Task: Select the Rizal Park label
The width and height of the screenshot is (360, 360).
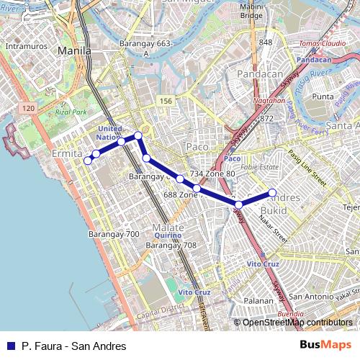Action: [x=71, y=112]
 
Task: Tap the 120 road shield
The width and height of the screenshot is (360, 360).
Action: [x=28, y=108]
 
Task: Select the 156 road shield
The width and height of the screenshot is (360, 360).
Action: [x=166, y=101]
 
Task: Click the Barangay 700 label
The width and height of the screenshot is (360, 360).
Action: [x=114, y=234]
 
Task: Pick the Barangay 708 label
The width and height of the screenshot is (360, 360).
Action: [x=171, y=246]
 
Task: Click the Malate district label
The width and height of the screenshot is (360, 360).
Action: [x=168, y=228]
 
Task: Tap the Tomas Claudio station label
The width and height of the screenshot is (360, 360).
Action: [x=318, y=43]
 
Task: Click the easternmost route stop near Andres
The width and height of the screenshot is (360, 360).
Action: [x=273, y=192]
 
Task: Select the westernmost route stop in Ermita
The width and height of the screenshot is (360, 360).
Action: [x=88, y=161]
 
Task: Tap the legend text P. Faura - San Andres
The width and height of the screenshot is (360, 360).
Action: [x=63, y=346]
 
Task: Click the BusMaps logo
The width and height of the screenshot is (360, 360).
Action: [x=326, y=346]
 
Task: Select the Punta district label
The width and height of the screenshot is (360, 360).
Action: [x=323, y=96]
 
